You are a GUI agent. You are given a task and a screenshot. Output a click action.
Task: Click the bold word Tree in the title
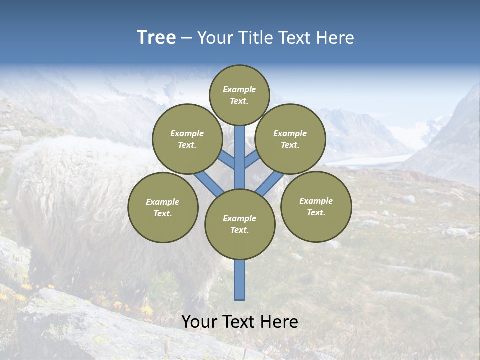point(156,38)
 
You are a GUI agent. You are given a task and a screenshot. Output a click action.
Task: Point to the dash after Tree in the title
point(187,38)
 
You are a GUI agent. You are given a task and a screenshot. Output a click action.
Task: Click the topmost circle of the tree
point(239,95)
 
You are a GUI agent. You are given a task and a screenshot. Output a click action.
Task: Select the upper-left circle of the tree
point(187,139)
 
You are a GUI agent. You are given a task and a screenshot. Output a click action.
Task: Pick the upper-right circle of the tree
point(290,139)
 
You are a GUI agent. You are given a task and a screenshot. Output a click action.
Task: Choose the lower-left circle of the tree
point(163,207)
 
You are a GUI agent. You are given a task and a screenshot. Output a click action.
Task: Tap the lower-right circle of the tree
point(316,206)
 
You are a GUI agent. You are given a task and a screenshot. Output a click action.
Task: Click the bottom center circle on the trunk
point(240,224)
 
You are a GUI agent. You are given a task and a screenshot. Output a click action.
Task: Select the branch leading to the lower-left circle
point(209,183)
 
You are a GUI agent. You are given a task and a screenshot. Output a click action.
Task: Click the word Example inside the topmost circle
point(239,90)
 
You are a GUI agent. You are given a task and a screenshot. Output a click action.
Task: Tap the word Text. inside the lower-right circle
point(316,212)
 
